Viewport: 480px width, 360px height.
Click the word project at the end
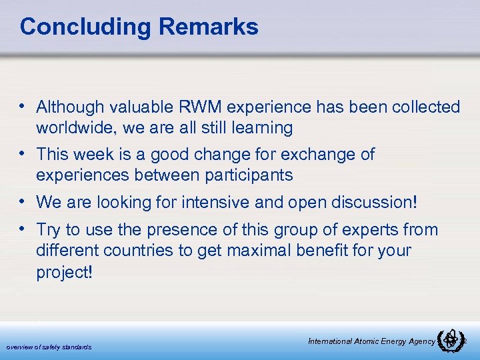65,273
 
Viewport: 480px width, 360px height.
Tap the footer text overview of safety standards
49,347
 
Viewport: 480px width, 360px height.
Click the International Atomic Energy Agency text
371,341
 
